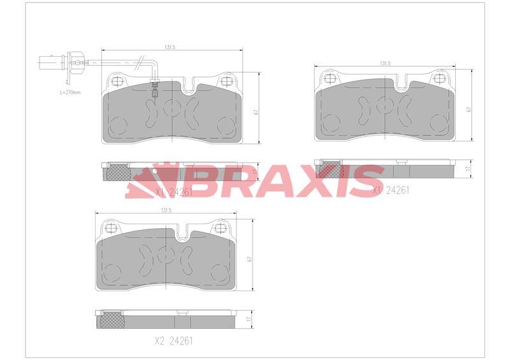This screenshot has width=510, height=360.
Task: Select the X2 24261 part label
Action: [x=173, y=340]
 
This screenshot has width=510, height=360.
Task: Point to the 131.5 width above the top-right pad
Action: [x=384, y=64]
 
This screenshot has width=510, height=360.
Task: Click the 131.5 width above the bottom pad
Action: [x=166, y=210]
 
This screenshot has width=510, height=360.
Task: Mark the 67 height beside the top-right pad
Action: [x=469, y=109]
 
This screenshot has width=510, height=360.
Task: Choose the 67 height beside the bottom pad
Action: [x=251, y=259]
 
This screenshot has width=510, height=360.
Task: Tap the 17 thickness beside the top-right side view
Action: [x=469, y=168]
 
